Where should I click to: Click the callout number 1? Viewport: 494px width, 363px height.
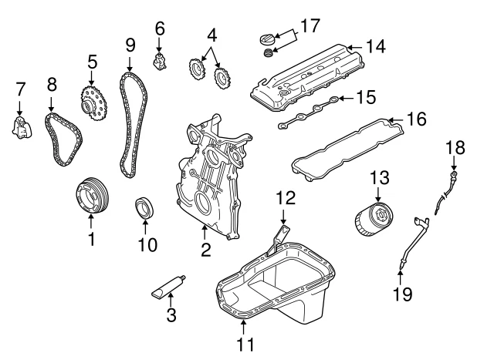[x=90, y=240]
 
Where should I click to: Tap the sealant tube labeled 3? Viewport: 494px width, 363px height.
[x=169, y=289]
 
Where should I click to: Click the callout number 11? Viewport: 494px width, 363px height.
[x=244, y=346]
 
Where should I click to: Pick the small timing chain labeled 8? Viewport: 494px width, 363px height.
[x=61, y=139]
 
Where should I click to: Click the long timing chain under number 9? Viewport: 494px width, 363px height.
[x=132, y=123]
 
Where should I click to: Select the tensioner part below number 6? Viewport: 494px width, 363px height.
[x=161, y=59]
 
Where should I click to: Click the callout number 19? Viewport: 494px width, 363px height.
[x=403, y=293]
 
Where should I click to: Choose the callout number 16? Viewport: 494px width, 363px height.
[x=416, y=119]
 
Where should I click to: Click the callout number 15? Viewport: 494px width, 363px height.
[x=367, y=98]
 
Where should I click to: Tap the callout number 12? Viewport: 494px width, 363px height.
[x=286, y=197]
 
